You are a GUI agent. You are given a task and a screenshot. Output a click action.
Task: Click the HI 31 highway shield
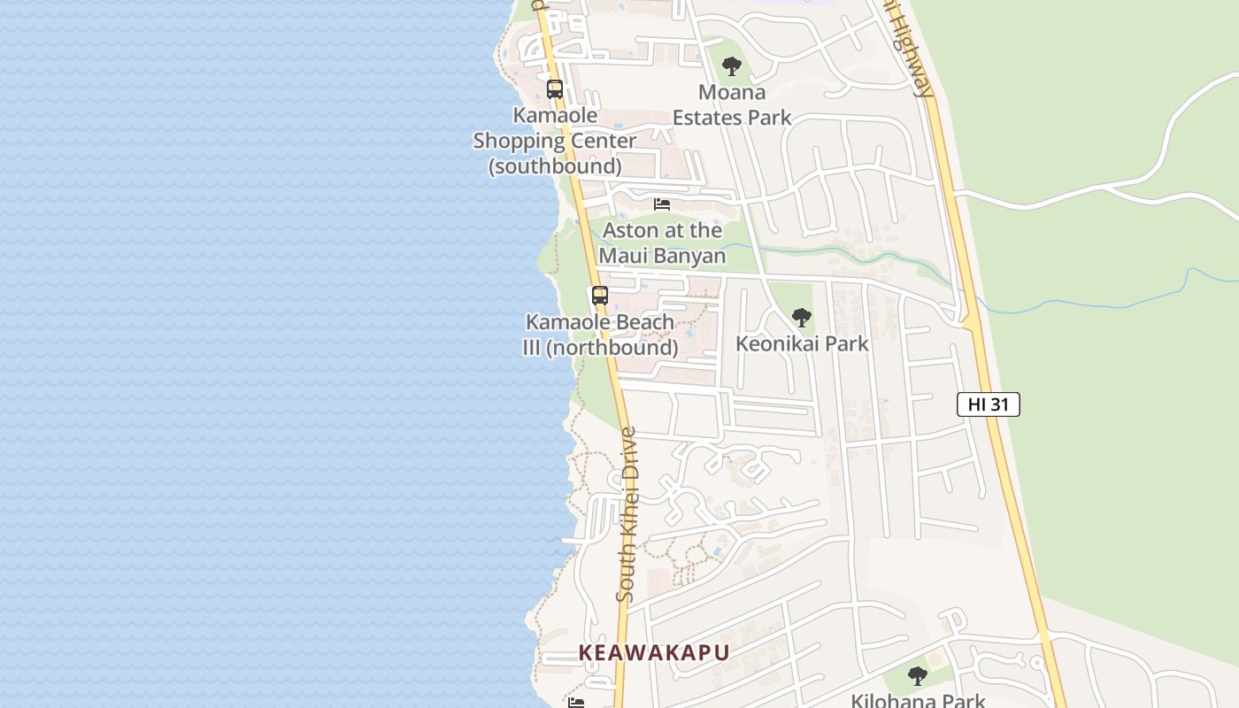pyautogui.click(x=988, y=404)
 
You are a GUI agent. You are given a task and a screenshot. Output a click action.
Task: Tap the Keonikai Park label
pyautogui.click(x=802, y=343)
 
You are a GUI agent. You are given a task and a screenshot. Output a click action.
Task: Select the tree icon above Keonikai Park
pyautogui.click(x=801, y=318)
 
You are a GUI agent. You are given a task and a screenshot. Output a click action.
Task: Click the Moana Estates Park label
pyautogui.click(x=732, y=104)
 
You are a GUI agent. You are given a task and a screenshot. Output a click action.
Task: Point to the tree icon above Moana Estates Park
pyautogui.click(x=731, y=65)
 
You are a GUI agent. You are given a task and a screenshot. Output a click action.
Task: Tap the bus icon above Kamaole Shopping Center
pyautogui.click(x=555, y=89)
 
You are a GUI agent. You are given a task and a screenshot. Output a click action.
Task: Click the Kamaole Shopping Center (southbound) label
pyautogui.click(x=554, y=141)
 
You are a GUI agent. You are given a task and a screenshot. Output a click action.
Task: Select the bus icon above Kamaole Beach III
pyautogui.click(x=600, y=296)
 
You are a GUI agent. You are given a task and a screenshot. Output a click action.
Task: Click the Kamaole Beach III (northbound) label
pyautogui.click(x=600, y=335)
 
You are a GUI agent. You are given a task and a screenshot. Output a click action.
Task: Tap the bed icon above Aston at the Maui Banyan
pyautogui.click(x=662, y=204)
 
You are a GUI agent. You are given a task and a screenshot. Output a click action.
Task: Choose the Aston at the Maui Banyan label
pyautogui.click(x=662, y=243)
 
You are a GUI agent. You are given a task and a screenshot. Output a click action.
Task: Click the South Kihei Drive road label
pyautogui.click(x=627, y=515)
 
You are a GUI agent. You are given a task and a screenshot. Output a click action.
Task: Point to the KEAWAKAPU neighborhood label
pyautogui.click(x=654, y=653)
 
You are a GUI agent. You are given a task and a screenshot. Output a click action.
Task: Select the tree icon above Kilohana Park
pyautogui.click(x=918, y=676)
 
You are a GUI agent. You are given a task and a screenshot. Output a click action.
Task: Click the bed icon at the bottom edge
pyautogui.click(x=576, y=703)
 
